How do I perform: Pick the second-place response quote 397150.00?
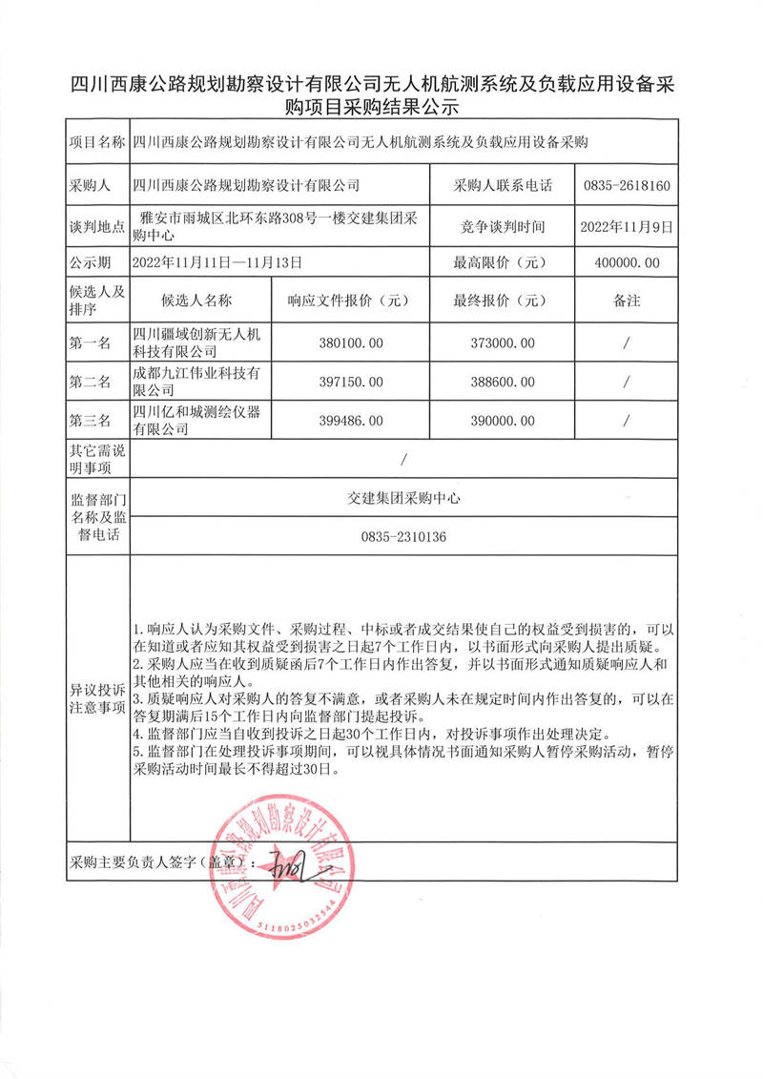pyautogui.click(x=349, y=382)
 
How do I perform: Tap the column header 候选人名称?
pyautogui.click(x=197, y=301)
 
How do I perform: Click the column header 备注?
pyautogui.click(x=626, y=301)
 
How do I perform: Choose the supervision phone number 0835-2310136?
pyautogui.click(x=403, y=538)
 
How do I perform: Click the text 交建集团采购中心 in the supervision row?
pyautogui.click(x=403, y=498)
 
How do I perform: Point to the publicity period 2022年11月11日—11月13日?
pyautogui.click(x=218, y=261)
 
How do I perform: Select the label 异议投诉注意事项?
pyautogui.click(x=92, y=697)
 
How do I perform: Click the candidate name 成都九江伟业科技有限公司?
pyautogui.click(x=197, y=382)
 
